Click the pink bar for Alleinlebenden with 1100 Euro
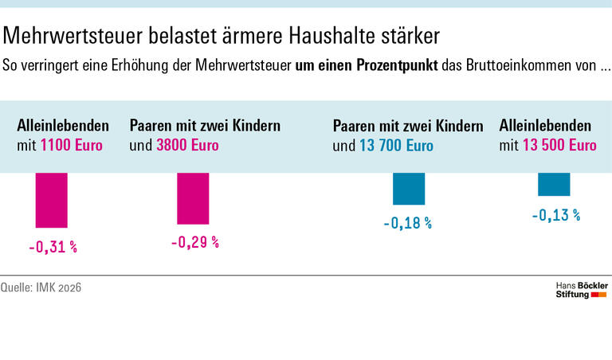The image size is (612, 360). point(52,200)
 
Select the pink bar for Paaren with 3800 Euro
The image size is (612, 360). point(192,198)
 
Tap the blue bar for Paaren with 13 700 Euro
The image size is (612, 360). point(409,189)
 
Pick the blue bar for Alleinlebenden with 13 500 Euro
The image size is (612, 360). point(554,184)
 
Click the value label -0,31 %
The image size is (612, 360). point(53,247)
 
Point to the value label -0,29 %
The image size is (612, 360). point(194,242)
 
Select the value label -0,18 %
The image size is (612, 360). point(407,223)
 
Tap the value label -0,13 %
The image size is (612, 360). point(555,215)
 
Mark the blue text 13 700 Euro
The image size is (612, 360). point(395,146)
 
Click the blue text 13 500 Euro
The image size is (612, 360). point(559,146)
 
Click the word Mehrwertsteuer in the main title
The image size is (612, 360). point(69,37)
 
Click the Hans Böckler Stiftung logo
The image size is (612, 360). point(581,289)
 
